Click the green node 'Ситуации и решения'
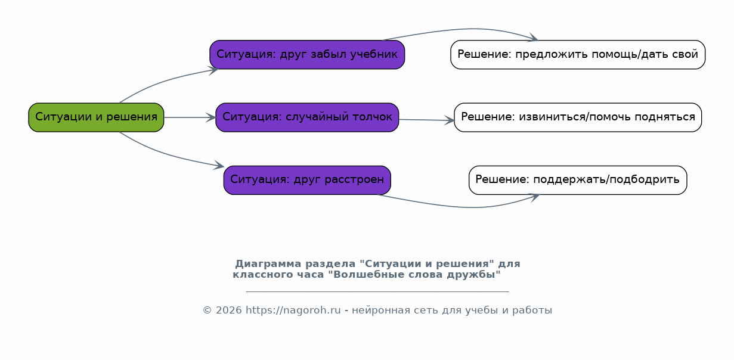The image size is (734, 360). [96, 117]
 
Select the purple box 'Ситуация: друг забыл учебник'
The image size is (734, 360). [307, 55]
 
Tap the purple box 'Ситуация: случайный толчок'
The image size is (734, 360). [307, 117]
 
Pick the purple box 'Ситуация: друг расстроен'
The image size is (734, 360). [307, 180]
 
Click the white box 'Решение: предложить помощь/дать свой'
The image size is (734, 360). [578, 55]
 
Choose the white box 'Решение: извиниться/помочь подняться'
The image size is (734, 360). [578, 117]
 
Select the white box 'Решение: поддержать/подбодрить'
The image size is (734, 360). [578, 180]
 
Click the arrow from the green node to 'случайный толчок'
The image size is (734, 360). [190, 117]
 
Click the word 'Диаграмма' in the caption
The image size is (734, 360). [268, 263]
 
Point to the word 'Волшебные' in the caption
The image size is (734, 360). [364, 275]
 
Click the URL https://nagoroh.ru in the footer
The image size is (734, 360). [293, 310]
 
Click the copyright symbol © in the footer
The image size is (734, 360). [207, 310]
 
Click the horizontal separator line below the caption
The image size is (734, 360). [377, 291]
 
